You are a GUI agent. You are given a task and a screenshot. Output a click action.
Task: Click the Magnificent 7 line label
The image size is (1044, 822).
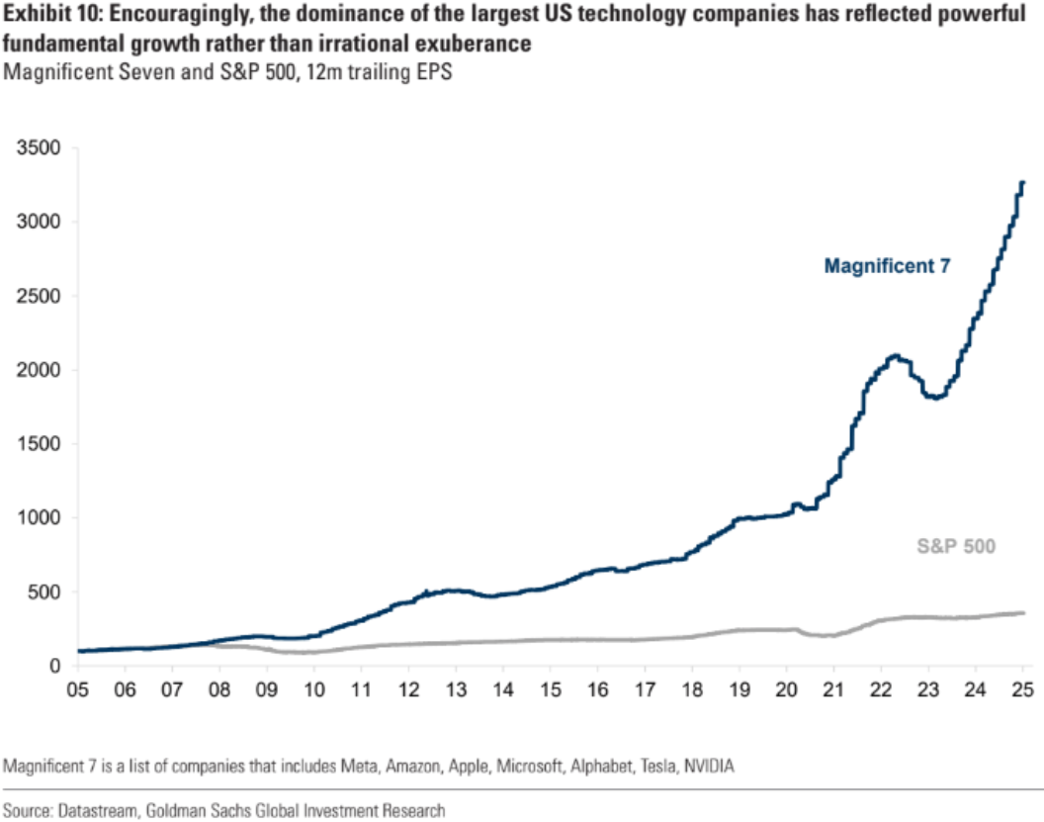[x=887, y=265]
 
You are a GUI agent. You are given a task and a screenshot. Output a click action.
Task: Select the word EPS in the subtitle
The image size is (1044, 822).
[x=434, y=74]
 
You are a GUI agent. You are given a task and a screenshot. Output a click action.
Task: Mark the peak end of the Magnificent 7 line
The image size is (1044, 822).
[x=1021, y=182]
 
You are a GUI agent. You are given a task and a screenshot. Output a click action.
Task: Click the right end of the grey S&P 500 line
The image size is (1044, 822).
[x=1023, y=613]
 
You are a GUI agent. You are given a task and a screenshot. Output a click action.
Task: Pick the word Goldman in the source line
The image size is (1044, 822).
[x=181, y=809]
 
